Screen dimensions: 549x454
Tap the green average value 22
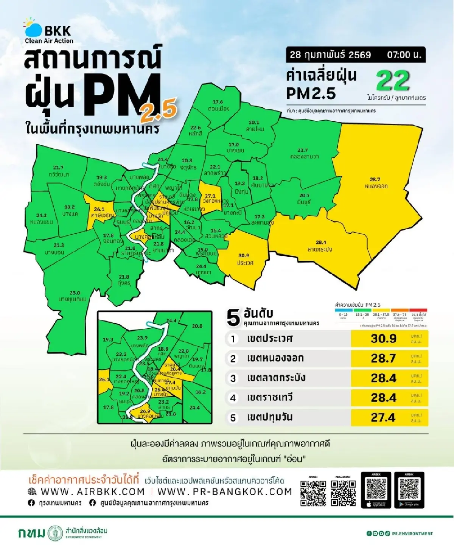pos(393,81)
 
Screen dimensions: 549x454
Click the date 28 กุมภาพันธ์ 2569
pos(330,54)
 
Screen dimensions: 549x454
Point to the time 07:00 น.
pos(404,54)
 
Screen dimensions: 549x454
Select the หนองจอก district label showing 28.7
pos(376,183)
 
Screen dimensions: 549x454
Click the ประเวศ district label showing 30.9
pos(245,259)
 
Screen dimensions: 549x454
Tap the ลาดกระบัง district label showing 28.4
pos(320,246)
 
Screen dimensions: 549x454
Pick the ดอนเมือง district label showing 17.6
pos(218,105)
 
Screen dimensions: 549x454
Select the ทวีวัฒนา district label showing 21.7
pos(59,171)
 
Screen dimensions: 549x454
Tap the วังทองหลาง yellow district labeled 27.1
pos(210,198)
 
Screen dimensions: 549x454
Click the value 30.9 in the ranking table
pos(384,339)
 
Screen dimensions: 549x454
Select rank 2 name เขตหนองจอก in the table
pos(275,358)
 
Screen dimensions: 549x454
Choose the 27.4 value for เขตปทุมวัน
pos(383,417)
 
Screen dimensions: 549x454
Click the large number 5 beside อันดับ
pos(233,317)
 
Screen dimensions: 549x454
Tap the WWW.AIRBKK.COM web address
pos(92,491)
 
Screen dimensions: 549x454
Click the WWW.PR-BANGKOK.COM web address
pos(224,491)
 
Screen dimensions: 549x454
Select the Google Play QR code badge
pos(409,490)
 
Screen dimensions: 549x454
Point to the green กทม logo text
pos(31,533)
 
